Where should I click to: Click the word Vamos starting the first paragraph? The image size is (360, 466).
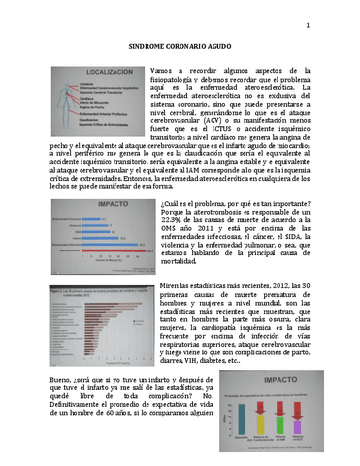tap(165, 73)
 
